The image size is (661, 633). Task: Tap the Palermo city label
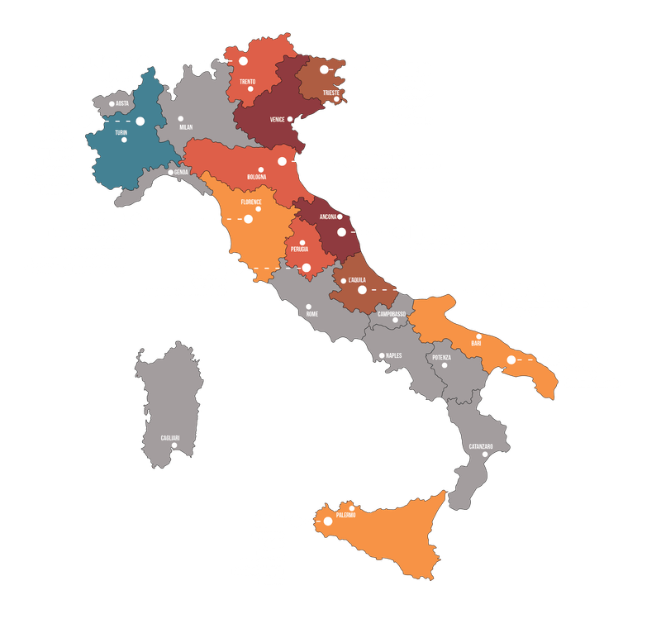(x=345, y=516)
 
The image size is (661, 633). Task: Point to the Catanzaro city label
(x=481, y=446)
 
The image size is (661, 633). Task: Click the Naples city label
(x=392, y=356)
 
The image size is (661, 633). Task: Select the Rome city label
(x=311, y=314)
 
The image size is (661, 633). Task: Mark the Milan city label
(x=186, y=127)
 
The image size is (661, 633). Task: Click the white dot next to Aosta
(x=112, y=104)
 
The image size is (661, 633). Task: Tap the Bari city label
(x=476, y=343)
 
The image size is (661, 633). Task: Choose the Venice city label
(x=278, y=119)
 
